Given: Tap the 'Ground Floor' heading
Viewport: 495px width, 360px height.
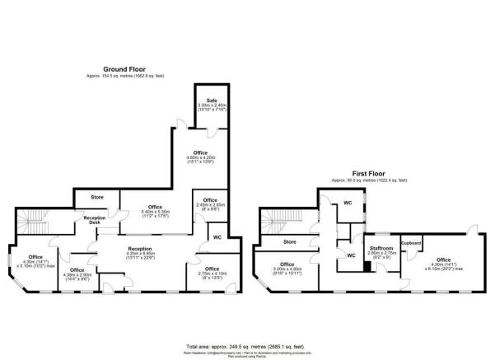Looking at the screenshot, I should (125, 69).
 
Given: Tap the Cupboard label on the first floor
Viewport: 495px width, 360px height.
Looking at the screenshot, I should (412, 244).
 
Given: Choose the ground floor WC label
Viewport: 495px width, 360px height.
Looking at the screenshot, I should (217, 238).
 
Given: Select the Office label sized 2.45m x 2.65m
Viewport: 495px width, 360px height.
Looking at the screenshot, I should (210, 201).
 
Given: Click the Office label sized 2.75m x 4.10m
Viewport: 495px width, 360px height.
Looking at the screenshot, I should (212, 269).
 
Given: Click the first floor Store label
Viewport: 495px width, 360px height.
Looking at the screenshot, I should (289, 242).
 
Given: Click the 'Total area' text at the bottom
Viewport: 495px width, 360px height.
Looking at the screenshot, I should (247, 347).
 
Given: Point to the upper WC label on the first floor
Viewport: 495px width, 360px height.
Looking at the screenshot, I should (348, 202).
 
